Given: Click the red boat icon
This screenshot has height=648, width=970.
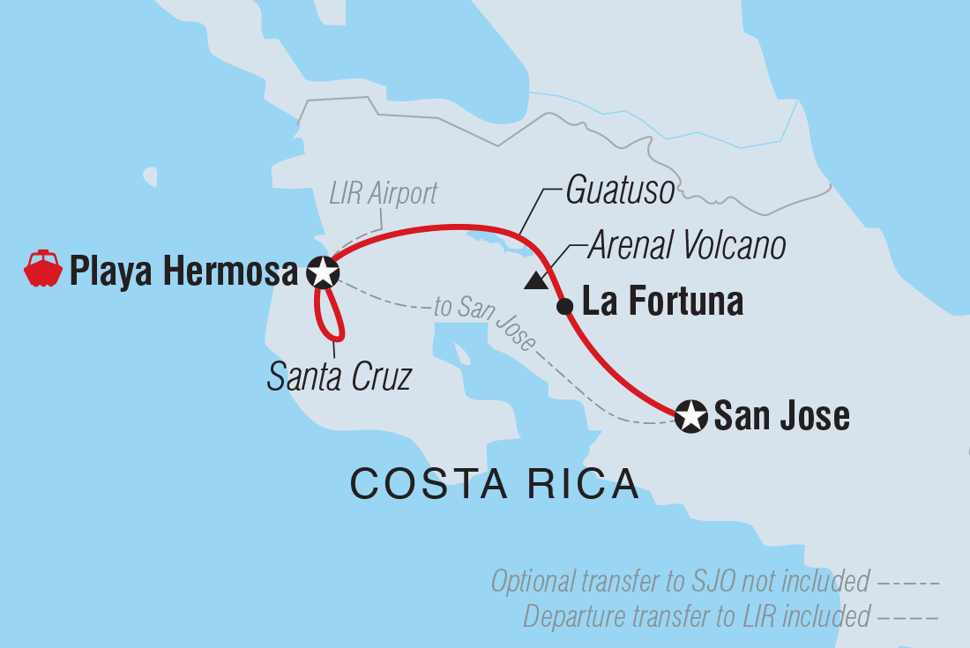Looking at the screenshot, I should pyautogui.click(x=43, y=269).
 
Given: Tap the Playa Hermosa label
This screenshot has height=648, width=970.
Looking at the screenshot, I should pyautogui.click(x=183, y=272).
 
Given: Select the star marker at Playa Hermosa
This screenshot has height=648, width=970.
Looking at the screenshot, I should pyautogui.click(x=323, y=272).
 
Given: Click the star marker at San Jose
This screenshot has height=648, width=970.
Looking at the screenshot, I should pyautogui.click(x=691, y=415).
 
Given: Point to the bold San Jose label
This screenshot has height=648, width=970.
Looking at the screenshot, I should pyautogui.click(x=781, y=415).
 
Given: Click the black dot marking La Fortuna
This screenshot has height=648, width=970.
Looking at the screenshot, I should pyautogui.click(x=564, y=306).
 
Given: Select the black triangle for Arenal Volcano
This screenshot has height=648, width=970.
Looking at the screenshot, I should pyautogui.click(x=534, y=281).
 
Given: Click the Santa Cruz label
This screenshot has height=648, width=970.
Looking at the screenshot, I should pyautogui.click(x=339, y=377).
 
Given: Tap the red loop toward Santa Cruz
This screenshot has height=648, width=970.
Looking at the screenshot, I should pyautogui.click(x=332, y=322).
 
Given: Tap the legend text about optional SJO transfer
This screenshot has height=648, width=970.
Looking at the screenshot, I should pyautogui.click(x=679, y=582).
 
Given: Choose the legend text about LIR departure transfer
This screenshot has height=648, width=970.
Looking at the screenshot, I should pyautogui.click(x=696, y=614).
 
